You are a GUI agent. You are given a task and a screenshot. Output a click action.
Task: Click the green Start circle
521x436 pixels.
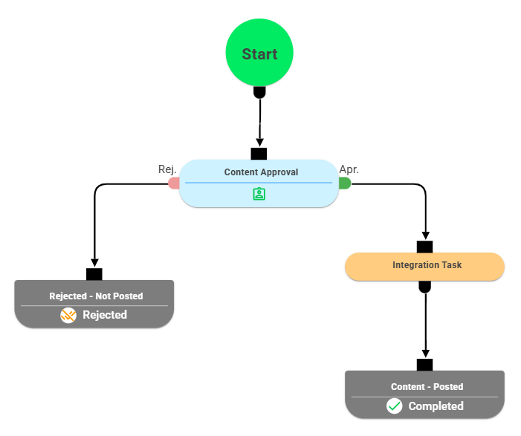click(x=259, y=54)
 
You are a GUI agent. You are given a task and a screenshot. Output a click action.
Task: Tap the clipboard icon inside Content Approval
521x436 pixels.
click(x=259, y=194)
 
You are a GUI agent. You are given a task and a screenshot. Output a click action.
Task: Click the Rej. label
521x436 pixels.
click(x=167, y=169)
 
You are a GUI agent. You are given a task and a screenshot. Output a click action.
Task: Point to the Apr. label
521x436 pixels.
click(x=349, y=169)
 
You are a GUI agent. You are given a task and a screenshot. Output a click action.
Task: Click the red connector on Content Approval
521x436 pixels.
click(x=174, y=183)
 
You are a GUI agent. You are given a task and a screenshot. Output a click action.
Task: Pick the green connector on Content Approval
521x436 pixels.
click(x=344, y=183)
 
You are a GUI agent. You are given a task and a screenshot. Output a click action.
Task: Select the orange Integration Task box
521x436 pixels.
click(x=424, y=266)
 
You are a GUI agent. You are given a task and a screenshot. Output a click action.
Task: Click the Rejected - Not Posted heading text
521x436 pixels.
click(x=96, y=296)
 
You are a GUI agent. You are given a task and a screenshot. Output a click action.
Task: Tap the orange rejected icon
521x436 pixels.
click(x=68, y=315)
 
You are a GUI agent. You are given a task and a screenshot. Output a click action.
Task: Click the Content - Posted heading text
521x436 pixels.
click(x=427, y=386)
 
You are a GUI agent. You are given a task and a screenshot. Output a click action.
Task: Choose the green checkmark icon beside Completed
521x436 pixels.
click(x=395, y=406)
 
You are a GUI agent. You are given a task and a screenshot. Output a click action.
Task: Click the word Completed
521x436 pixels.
click(x=436, y=406)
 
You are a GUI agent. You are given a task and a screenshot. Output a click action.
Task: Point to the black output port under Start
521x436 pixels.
click(x=259, y=92)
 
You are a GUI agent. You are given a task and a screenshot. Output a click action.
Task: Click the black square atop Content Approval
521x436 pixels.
click(x=259, y=154)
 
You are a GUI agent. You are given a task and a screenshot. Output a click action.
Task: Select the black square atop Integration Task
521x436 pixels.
click(x=424, y=247)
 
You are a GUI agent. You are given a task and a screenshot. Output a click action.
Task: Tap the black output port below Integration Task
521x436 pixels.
click(x=424, y=286)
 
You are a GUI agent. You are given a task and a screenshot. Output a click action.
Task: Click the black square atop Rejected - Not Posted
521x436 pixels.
click(x=94, y=274)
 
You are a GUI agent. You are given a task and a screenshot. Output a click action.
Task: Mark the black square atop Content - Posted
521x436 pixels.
click(x=424, y=365)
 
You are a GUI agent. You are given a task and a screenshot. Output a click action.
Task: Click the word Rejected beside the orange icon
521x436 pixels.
click(x=104, y=315)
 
